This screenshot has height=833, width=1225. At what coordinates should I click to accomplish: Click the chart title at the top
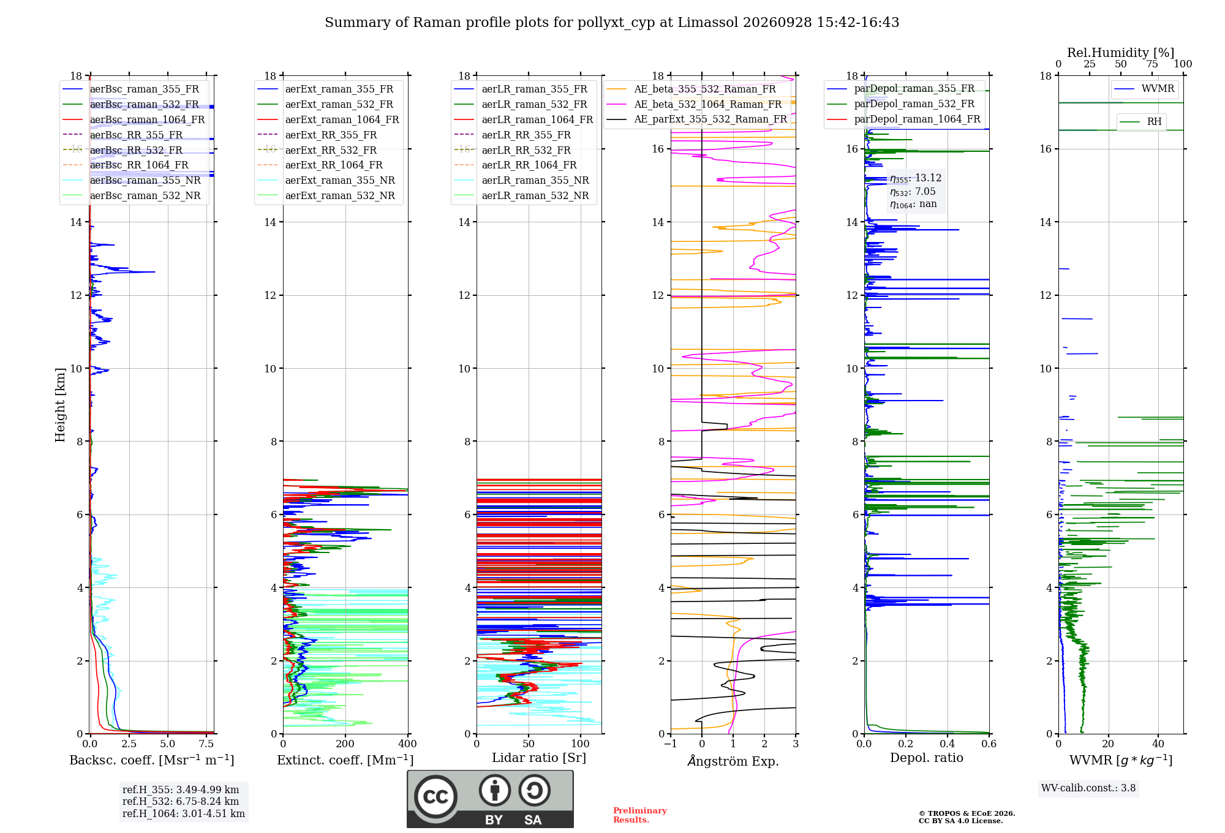click(612, 23)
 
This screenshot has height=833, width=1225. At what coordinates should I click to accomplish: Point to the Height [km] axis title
click(60, 405)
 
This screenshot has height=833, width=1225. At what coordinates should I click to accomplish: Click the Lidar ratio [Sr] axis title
click(539, 758)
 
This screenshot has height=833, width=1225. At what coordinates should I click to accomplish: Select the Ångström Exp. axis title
click(733, 761)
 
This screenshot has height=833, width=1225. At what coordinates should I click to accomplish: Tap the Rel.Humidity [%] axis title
click(1121, 53)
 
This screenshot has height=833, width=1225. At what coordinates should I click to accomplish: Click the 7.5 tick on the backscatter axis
click(206, 744)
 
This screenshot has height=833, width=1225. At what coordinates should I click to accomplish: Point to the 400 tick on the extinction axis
click(408, 744)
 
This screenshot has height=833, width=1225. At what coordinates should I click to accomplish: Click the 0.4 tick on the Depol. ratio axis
click(948, 744)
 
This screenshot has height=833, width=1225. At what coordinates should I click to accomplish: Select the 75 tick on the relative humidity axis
click(1152, 64)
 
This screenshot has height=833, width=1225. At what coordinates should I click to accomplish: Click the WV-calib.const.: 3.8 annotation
click(1088, 788)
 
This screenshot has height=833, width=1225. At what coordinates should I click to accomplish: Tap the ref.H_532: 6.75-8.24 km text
click(181, 801)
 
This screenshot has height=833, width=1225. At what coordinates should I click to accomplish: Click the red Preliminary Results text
click(640, 815)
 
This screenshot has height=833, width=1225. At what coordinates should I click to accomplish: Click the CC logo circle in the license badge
click(435, 797)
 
